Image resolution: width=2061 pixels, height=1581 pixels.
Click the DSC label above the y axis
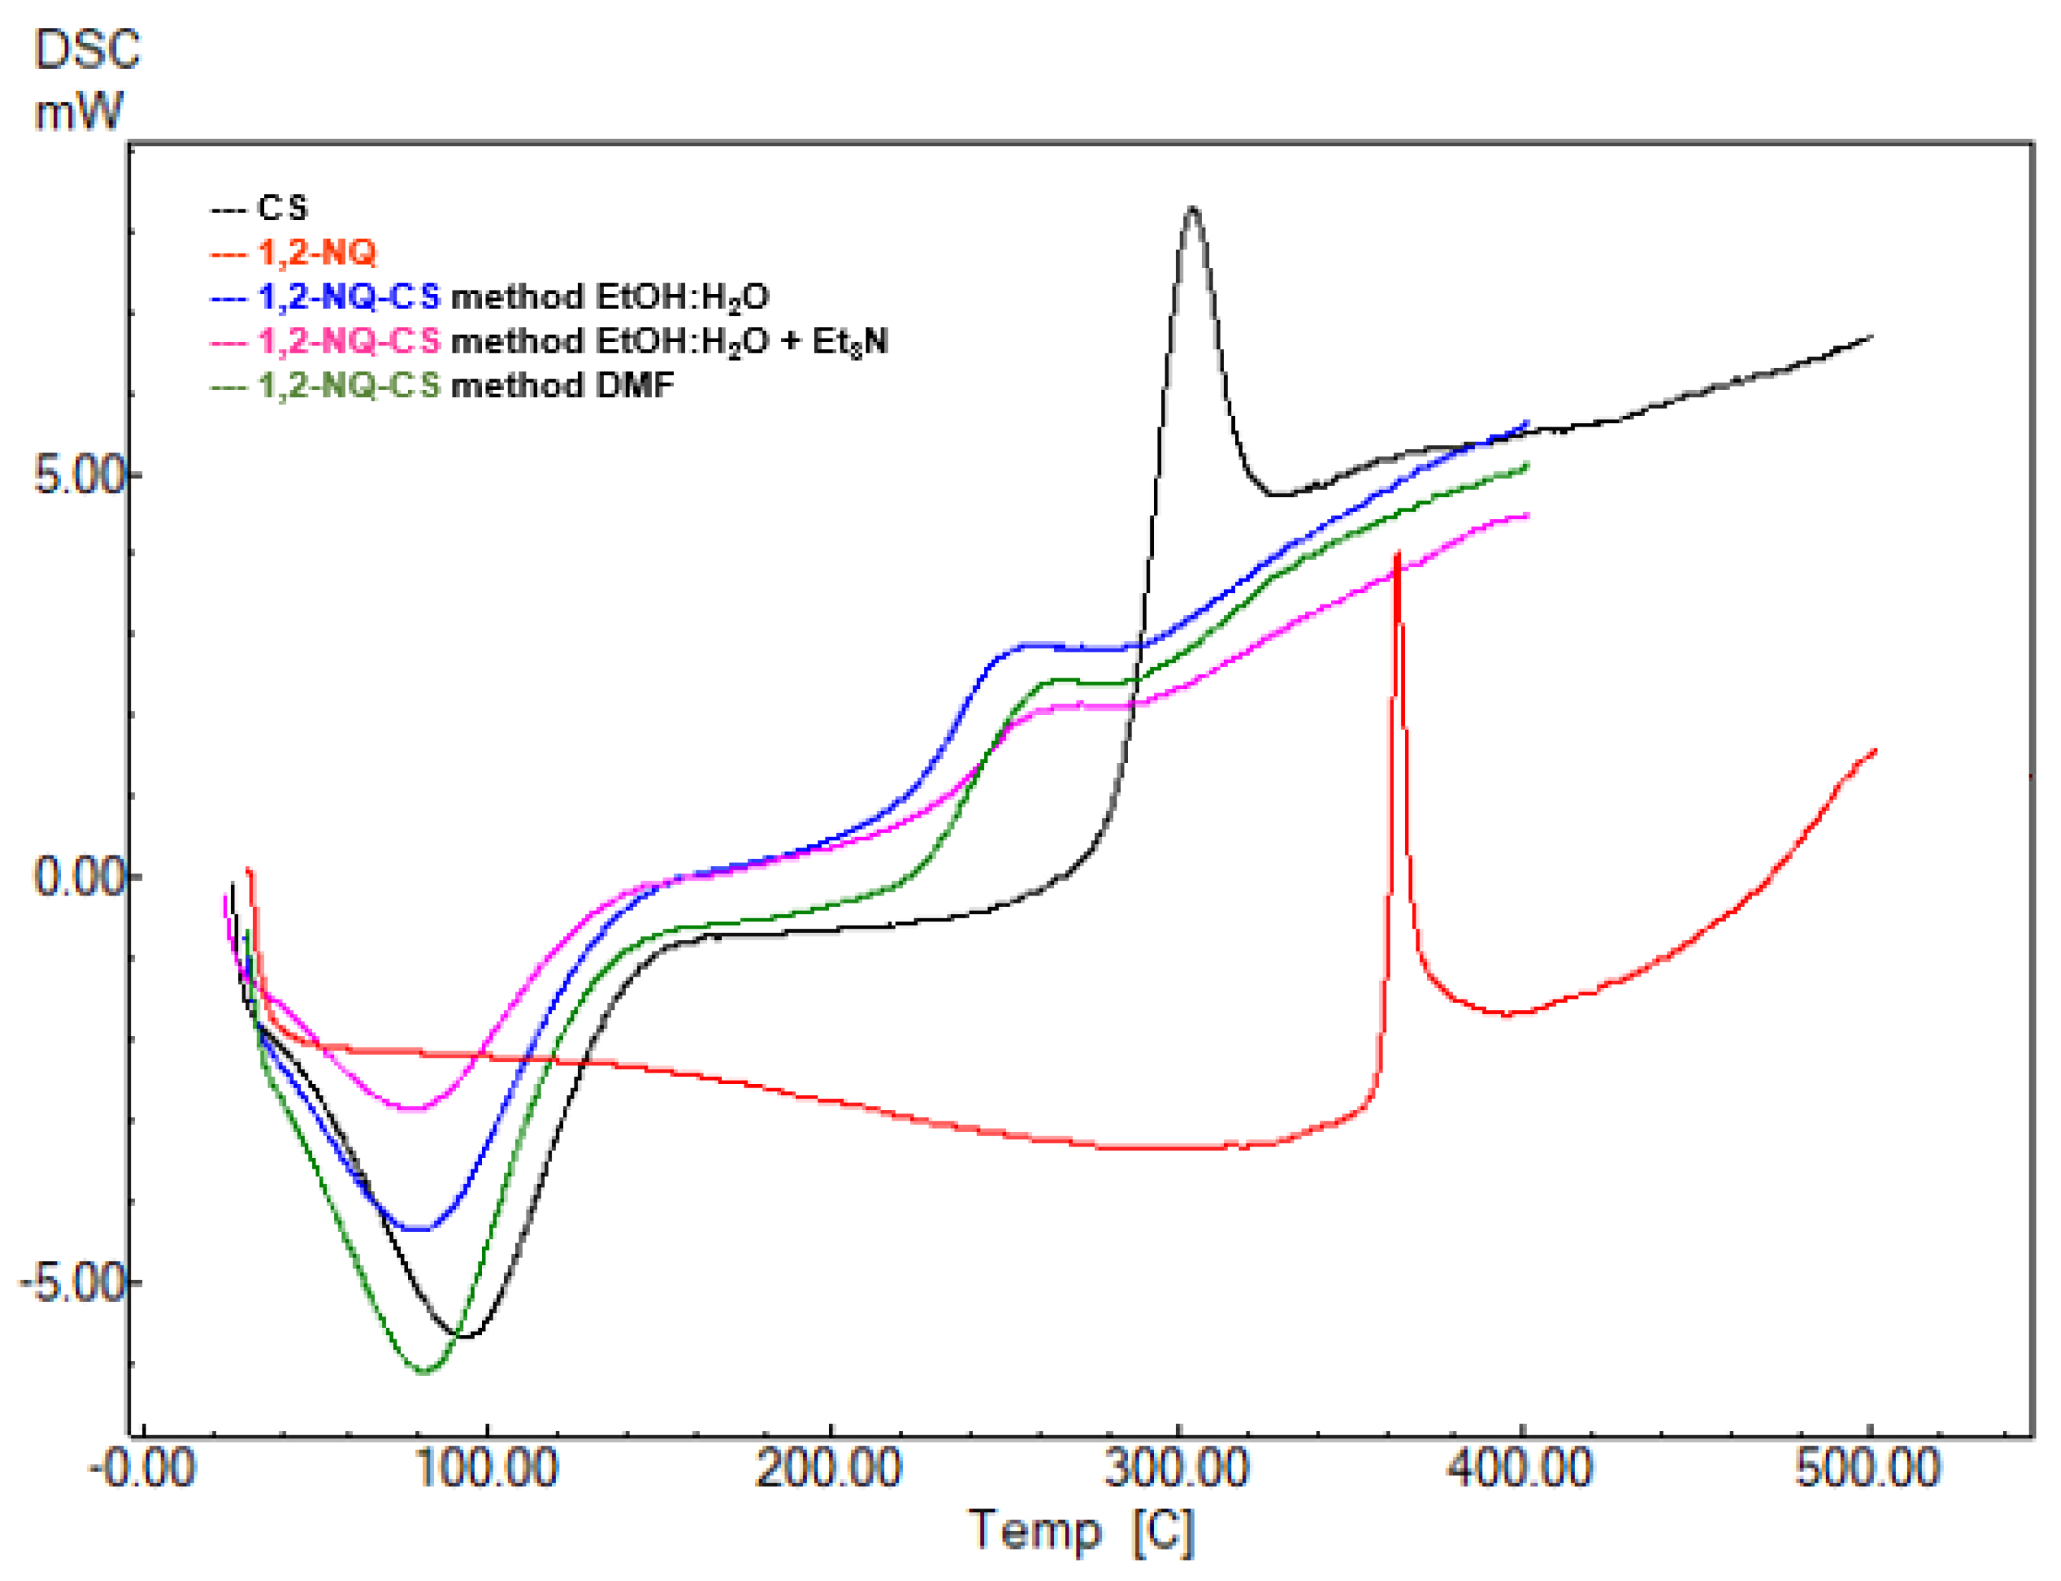[x=87, y=50]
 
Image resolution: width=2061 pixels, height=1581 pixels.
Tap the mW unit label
[x=78, y=112]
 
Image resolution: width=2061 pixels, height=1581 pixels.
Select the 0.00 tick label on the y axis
[x=80, y=877]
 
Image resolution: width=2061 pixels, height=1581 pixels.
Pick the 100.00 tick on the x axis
[x=486, y=1469]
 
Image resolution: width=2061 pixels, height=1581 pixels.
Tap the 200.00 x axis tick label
[x=830, y=1469]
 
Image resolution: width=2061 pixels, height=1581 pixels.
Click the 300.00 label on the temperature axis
[x=1178, y=1469]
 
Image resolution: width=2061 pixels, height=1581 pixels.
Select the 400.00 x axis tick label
[x=1522, y=1469]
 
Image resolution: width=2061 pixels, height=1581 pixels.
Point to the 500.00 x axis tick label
[x=1868, y=1469]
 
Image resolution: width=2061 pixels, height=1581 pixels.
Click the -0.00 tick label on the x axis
[x=142, y=1469]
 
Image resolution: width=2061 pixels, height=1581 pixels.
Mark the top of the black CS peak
[x=1193, y=209]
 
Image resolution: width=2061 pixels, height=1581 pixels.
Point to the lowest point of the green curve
[x=424, y=1371]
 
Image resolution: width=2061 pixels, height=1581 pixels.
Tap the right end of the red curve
[x=1875, y=750]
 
